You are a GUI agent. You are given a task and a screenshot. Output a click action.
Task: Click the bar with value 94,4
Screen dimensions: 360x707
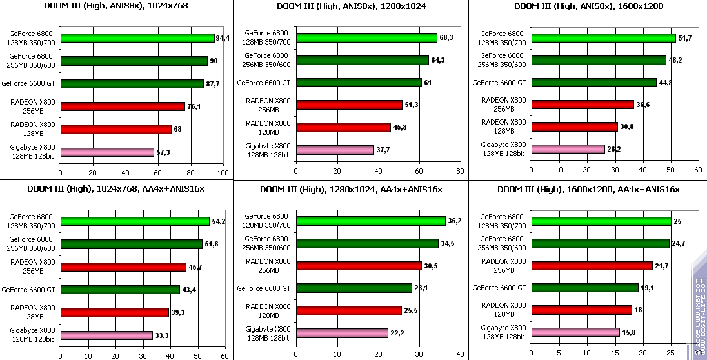pyautogui.click(x=137, y=38)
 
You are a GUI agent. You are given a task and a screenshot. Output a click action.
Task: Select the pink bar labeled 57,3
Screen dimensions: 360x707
pyautogui.click(x=107, y=152)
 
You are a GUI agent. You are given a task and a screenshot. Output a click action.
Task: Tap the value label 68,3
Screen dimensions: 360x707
pyautogui.click(x=446, y=38)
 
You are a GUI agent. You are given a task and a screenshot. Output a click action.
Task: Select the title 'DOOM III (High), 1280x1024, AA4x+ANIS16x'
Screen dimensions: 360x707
pyautogui.click(x=352, y=189)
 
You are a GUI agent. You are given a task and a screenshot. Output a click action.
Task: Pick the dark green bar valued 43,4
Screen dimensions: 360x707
pyautogui.click(x=120, y=290)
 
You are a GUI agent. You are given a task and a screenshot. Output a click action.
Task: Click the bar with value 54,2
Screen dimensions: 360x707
pyautogui.click(x=135, y=221)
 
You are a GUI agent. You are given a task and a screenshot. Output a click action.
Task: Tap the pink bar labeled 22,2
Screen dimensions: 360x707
pyautogui.click(x=342, y=333)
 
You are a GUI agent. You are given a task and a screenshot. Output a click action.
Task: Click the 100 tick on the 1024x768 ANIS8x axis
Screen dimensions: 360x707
pyautogui.click(x=223, y=173)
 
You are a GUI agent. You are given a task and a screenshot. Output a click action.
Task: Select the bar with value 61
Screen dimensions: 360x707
pyautogui.click(x=358, y=83)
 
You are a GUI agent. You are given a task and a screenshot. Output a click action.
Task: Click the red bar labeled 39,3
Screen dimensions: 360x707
pyautogui.click(x=114, y=312)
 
